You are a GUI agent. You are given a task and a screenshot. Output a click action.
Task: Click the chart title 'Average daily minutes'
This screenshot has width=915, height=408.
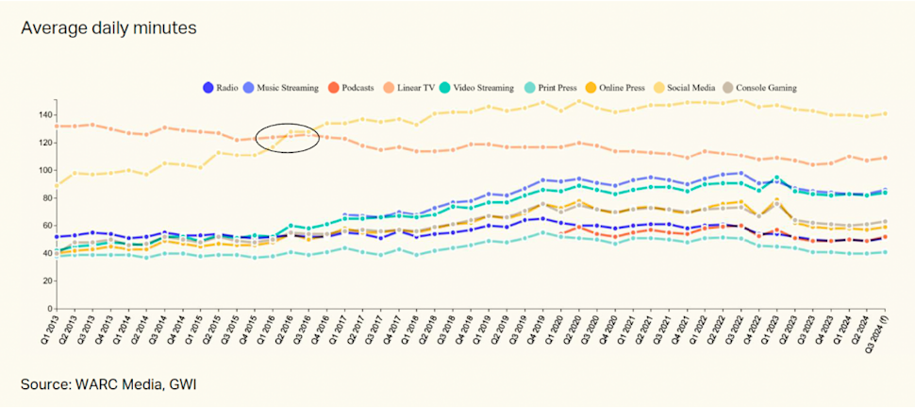coord(108,28)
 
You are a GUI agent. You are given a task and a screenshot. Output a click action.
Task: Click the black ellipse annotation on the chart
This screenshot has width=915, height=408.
coord(289,137)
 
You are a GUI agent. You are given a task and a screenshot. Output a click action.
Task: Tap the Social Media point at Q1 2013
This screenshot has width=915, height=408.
coord(58,184)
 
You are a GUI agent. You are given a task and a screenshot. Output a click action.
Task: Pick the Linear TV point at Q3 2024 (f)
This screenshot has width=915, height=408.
coord(886,158)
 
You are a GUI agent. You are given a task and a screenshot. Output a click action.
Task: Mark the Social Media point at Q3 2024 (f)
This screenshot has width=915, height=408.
coord(886,114)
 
